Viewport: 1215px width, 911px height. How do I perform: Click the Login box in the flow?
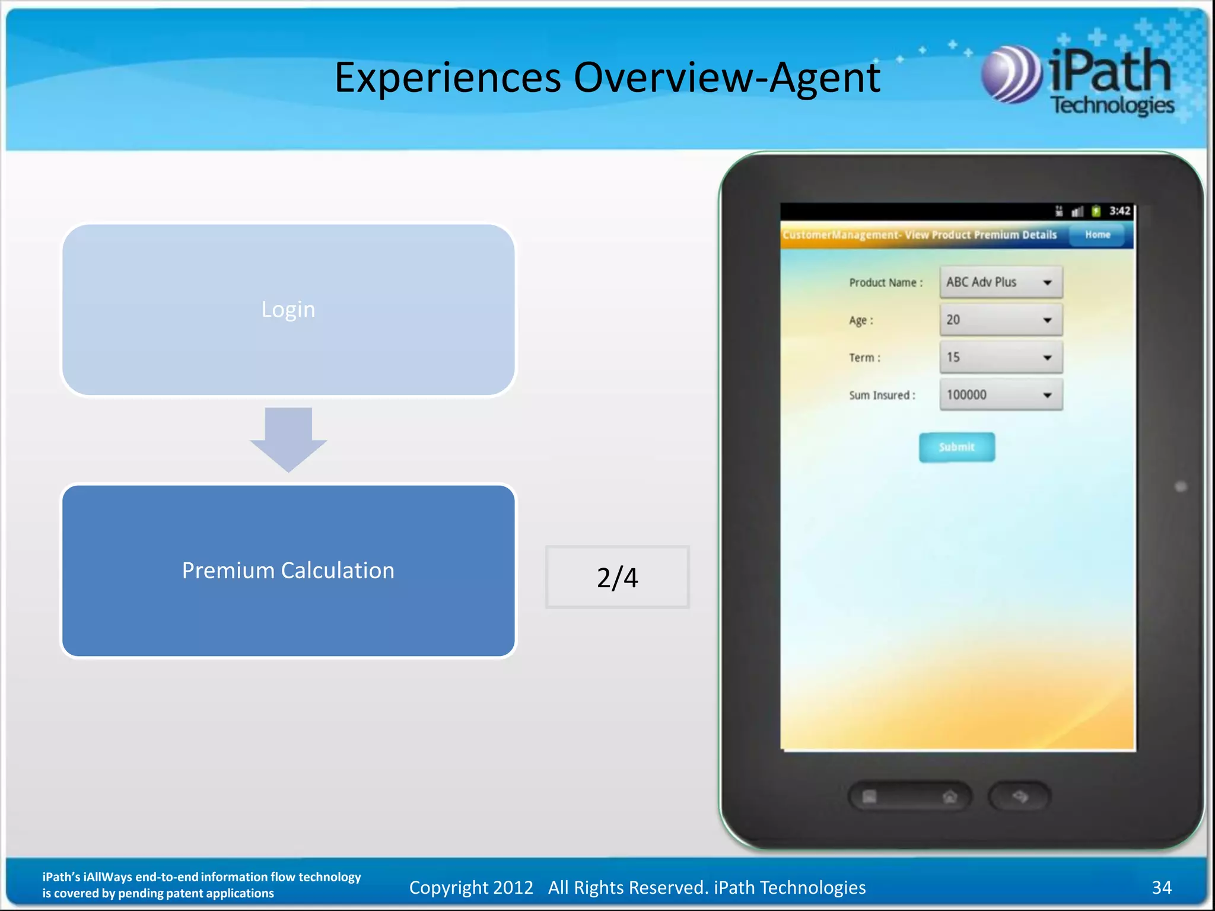288,309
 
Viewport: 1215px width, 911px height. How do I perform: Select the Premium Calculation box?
288,571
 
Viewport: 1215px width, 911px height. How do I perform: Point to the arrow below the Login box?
288,439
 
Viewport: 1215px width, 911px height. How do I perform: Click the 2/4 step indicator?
617,577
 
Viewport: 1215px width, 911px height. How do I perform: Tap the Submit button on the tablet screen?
956,447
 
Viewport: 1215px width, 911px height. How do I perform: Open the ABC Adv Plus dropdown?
1001,282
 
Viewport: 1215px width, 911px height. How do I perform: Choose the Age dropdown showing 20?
1001,320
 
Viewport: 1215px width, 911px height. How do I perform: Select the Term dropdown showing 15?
1001,357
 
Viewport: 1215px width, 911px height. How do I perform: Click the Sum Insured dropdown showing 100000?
1001,395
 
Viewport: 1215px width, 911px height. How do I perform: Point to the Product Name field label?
885,283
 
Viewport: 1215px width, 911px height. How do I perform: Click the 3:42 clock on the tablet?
1119,211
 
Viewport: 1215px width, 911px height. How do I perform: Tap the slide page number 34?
1161,887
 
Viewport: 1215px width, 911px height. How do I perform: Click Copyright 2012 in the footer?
471,887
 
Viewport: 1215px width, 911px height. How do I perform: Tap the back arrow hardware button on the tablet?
1019,797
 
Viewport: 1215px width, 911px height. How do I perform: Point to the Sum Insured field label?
882,396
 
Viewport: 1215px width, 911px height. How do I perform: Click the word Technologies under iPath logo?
1112,106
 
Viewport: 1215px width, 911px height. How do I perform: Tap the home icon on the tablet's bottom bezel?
950,797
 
